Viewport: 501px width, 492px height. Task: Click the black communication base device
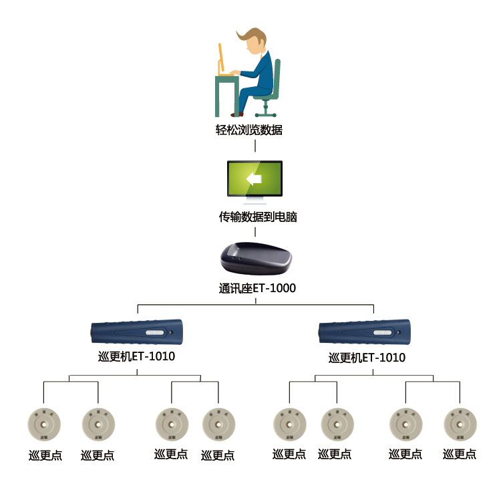[x=255, y=259]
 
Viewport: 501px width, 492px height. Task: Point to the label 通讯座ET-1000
[x=257, y=289]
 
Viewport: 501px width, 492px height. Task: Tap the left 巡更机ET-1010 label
[x=136, y=356]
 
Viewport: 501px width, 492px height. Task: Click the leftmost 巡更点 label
[x=45, y=455]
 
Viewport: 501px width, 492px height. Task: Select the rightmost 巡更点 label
[x=460, y=455]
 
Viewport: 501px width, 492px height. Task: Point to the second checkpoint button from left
[x=98, y=422]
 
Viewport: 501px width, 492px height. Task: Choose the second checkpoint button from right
[x=405, y=422]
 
